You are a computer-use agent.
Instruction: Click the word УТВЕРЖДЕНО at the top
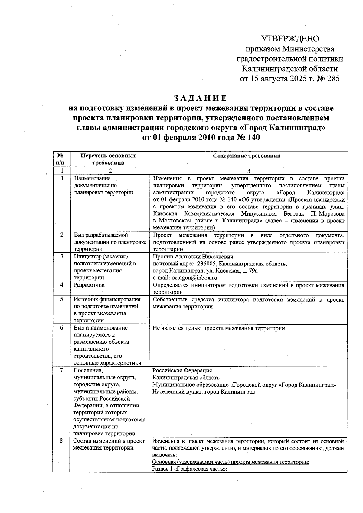[290, 39]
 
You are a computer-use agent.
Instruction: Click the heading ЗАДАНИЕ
[200, 98]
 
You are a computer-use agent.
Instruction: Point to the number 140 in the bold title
[253, 137]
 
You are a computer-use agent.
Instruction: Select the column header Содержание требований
[247, 156]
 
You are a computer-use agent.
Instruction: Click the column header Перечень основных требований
[108, 159]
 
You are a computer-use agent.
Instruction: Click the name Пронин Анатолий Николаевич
[193, 257]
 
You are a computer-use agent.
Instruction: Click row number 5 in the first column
[62, 299]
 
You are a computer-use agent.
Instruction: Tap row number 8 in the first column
[61, 441]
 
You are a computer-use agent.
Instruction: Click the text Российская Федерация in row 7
[182, 371]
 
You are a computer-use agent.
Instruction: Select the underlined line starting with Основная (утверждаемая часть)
[231, 462]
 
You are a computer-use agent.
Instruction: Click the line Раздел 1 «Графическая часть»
[189, 469]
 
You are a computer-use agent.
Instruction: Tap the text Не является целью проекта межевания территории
[219, 328]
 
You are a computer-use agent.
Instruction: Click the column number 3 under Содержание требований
[249, 171]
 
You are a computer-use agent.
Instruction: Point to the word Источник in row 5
[84, 299]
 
